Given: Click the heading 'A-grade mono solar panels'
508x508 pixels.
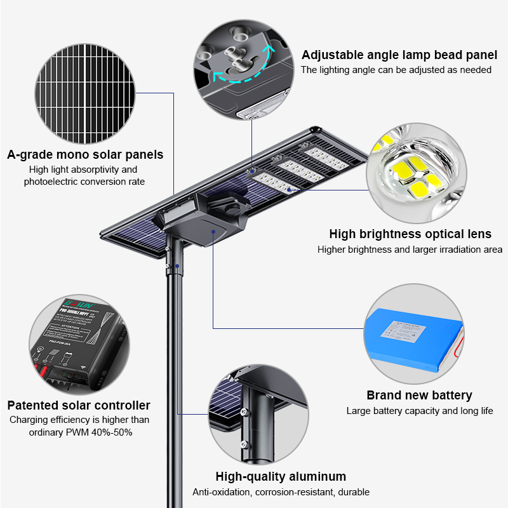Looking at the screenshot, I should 85,154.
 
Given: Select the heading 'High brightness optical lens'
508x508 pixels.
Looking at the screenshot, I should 410,234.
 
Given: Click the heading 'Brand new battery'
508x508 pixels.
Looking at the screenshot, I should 419,395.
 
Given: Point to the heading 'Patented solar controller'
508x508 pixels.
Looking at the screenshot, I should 79,405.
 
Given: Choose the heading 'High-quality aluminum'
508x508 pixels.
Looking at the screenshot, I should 281,476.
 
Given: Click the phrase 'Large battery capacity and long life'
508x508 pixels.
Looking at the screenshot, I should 419,411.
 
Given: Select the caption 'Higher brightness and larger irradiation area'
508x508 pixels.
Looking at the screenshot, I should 410,250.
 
